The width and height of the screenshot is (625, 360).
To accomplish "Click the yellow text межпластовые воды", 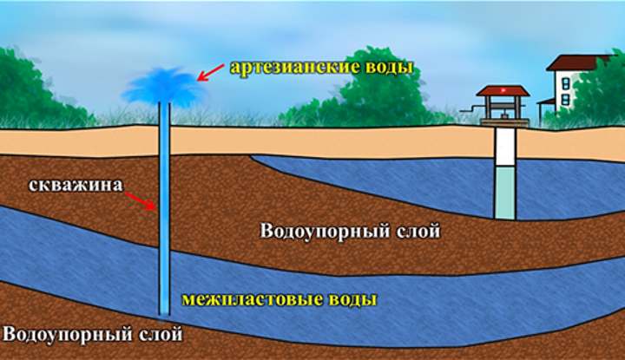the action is (x=280, y=300).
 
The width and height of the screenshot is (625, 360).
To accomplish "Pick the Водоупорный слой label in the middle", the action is (x=350, y=232).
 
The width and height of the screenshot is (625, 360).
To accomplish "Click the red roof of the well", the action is (x=503, y=91).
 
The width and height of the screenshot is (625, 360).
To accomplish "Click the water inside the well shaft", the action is (x=503, y=194).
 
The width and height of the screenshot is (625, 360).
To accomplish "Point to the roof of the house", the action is (x=576, y=62).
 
